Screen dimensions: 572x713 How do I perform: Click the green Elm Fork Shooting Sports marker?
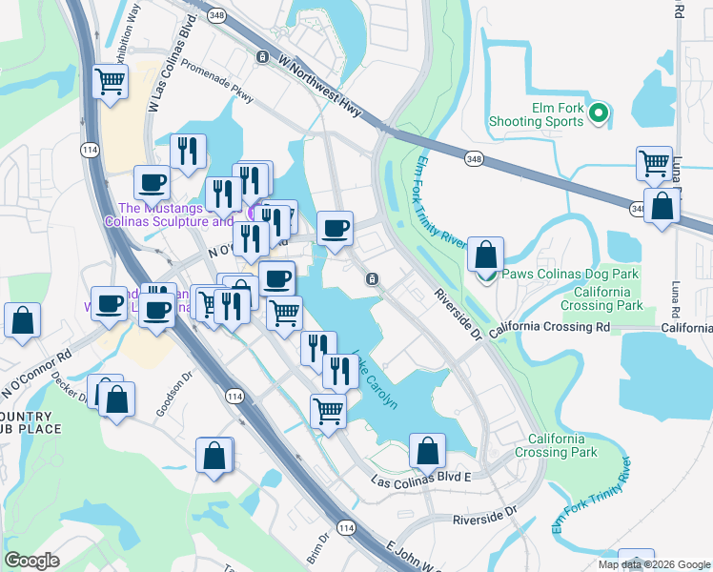pyautogui.click(x=599, y=114)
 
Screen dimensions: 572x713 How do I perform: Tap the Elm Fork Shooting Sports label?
pyautogui.click(x=536, y=114)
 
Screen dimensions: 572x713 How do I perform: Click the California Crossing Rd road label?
pyautogui.click(x=549, y=327)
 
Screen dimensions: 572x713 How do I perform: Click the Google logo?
pyautogui.click(x=31, y=561)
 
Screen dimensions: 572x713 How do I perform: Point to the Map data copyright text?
pyautogui.click(x=655, y=564)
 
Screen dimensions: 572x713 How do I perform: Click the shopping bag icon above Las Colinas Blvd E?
pyautogui.click(x=428, y=451)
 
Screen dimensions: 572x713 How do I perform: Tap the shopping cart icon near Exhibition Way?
pyautogui.click(x=111, y=82)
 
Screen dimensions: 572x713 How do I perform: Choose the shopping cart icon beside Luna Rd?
pyautogui.click(x=654, y=164)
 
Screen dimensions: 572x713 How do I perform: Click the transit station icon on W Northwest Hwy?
pyautogui.click(x=261, y=57)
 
